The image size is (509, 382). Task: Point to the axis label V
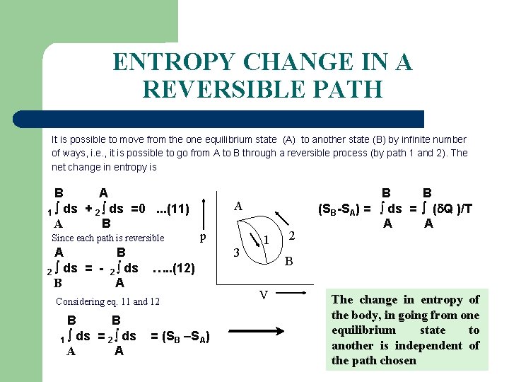[x=262, y=295]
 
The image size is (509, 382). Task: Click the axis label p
[x=203, y=237]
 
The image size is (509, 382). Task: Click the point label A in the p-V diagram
[x=238, y=207]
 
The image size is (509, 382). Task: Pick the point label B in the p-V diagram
[x=288, y=261]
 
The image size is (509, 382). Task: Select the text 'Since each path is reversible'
[x=108, y=238]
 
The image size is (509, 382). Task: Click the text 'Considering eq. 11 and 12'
[x=107, y=301]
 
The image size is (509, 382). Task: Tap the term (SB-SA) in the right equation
[x=341, y=209]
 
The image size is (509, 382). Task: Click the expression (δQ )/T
[x=452, y=209]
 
